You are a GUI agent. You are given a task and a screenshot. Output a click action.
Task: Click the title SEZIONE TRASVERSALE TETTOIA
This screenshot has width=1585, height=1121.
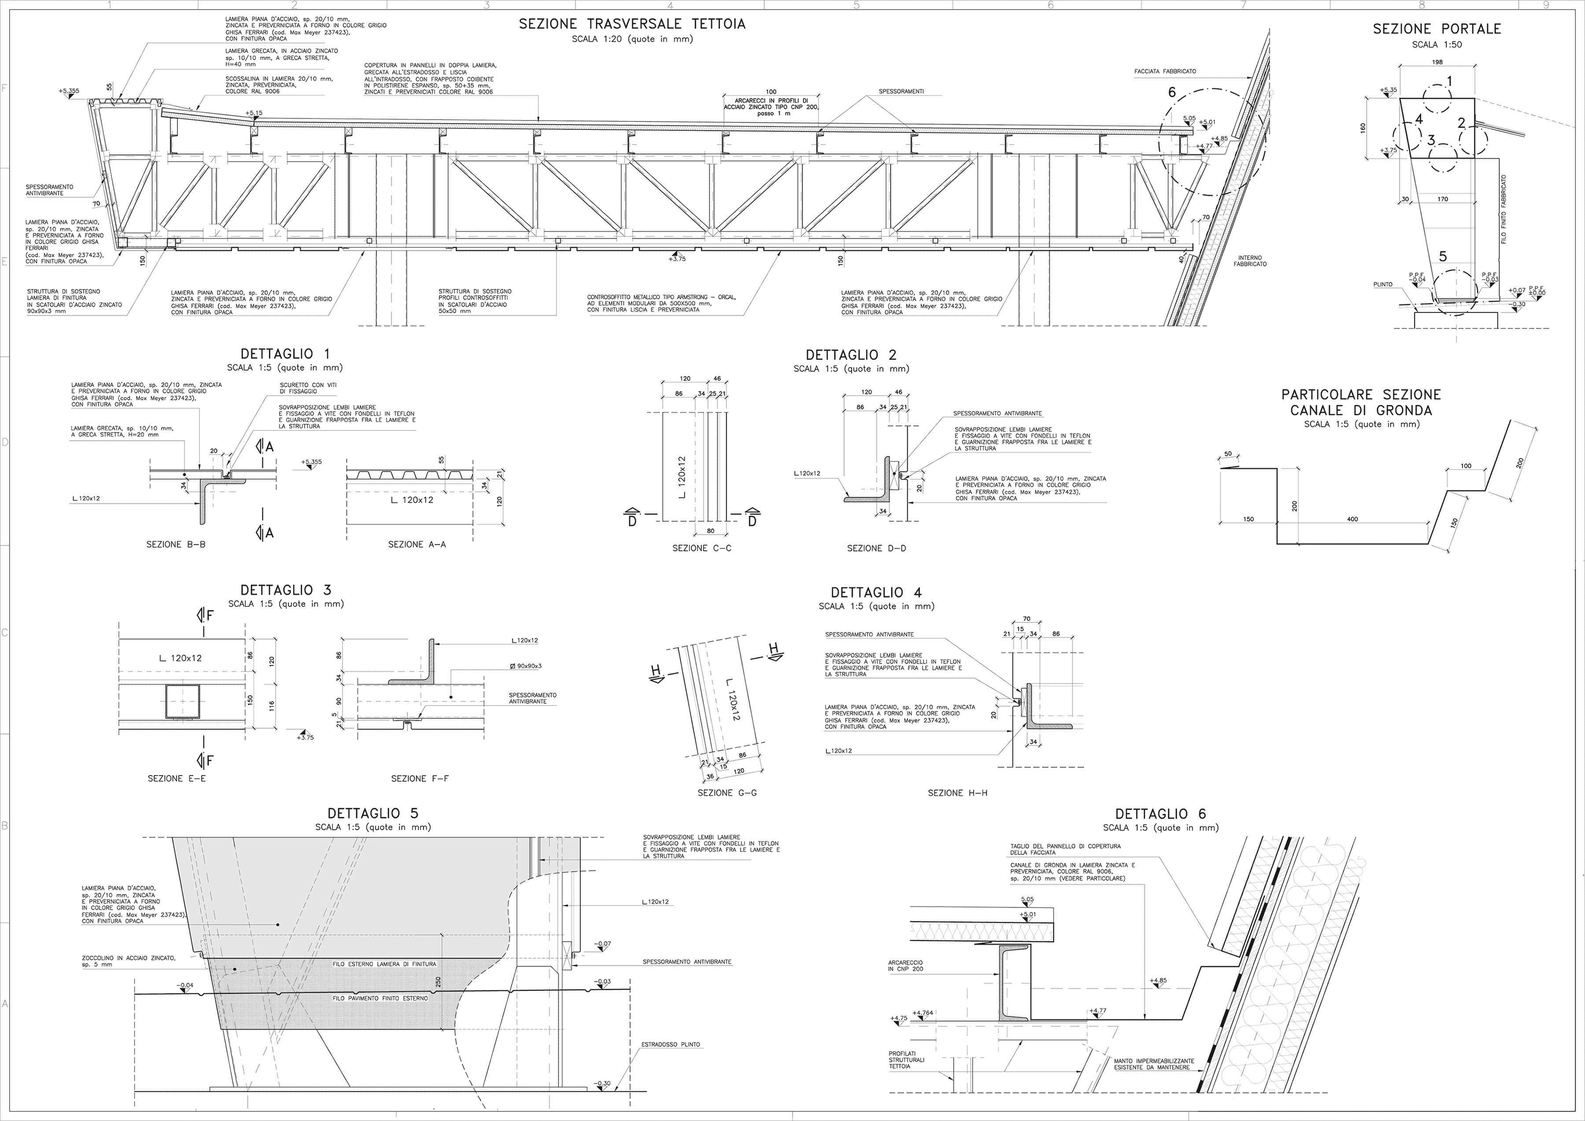(632, 24)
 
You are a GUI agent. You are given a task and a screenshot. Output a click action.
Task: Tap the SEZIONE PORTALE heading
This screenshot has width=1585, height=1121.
(1437, 29)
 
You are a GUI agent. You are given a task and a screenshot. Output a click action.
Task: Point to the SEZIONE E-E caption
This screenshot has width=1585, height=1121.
(177, 779)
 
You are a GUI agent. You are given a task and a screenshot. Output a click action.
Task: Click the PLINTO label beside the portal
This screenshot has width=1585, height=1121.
(1383, 284)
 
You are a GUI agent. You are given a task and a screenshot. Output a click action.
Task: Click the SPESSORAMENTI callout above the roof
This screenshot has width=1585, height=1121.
(901, 91)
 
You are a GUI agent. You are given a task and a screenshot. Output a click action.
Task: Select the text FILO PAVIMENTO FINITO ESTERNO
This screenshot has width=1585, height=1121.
(380, 998)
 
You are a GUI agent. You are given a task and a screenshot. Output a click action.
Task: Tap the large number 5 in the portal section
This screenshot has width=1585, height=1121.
(1443, 256)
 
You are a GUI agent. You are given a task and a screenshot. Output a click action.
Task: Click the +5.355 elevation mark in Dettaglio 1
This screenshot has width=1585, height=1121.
(311, 462)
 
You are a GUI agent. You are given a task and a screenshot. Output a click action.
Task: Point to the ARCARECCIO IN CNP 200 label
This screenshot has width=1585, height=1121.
(906, 965)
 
